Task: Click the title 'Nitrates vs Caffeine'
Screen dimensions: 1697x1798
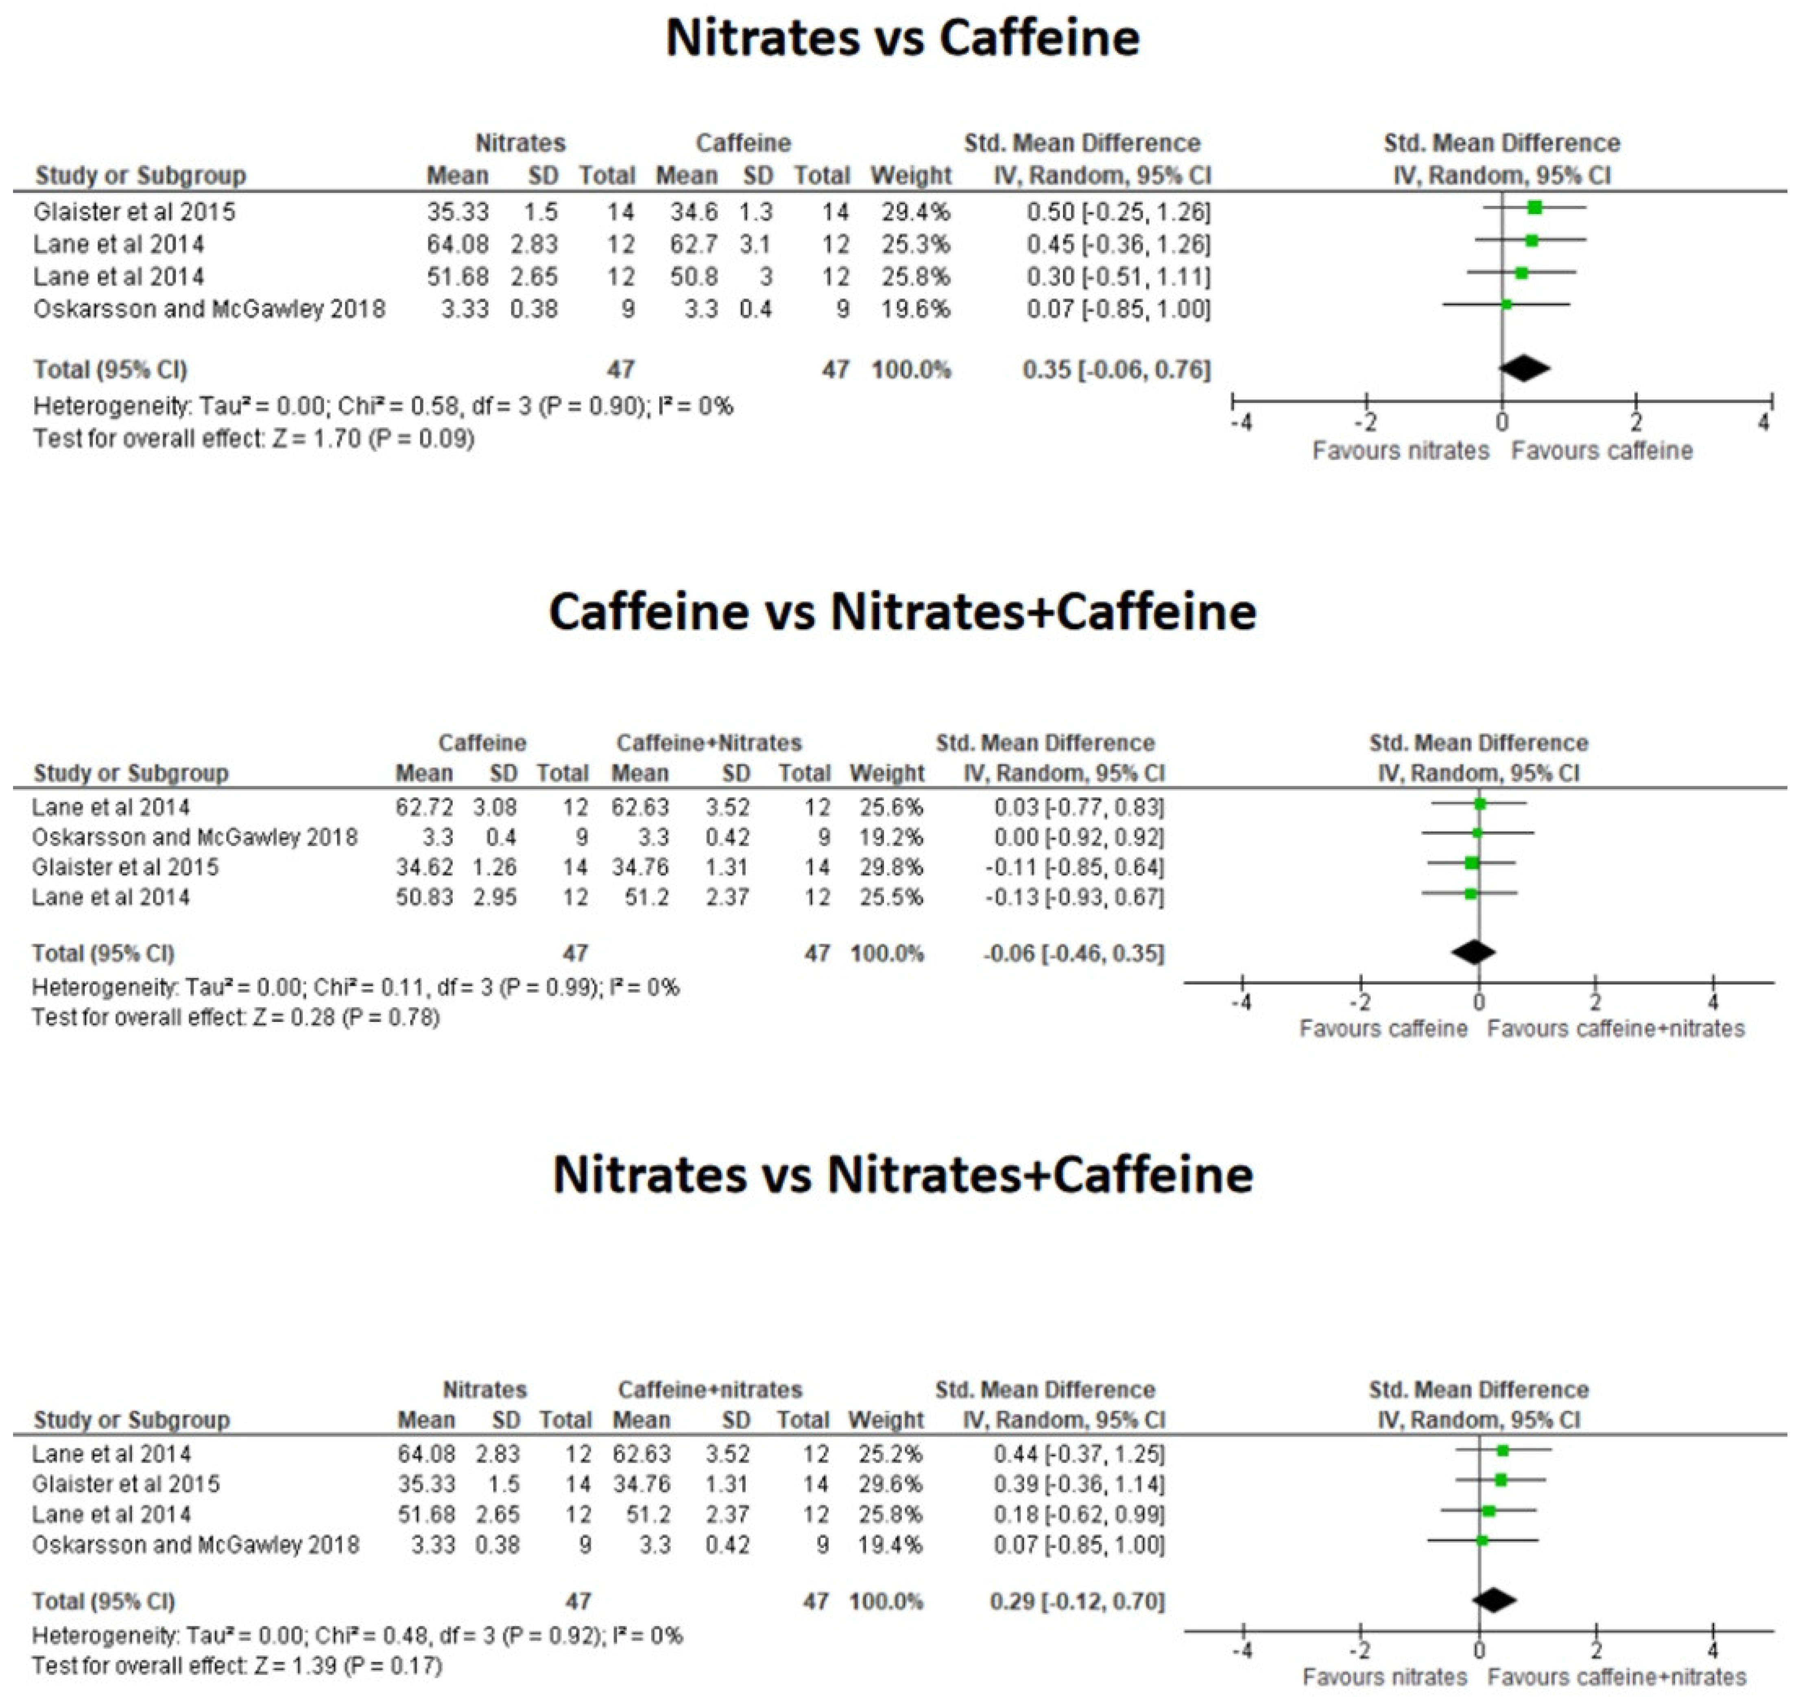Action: tap(902, 38)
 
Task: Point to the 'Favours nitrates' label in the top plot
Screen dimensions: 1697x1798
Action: tap(1400, 450)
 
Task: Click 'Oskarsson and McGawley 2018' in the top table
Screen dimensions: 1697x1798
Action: tap(209, 310)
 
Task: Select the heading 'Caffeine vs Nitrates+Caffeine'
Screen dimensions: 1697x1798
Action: tap(902, 613)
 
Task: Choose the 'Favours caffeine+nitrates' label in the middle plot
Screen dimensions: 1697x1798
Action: tap(1615, 1029)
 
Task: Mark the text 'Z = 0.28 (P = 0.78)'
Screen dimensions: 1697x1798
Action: tap(347, 1018)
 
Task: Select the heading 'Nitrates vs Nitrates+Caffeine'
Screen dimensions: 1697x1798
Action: tap(902, 1175)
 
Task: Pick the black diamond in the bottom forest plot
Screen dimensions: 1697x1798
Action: tap(1494, 1600)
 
